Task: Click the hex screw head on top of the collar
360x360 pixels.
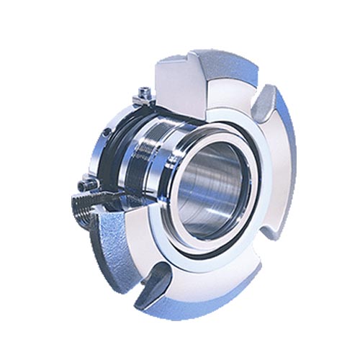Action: (143, 92)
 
